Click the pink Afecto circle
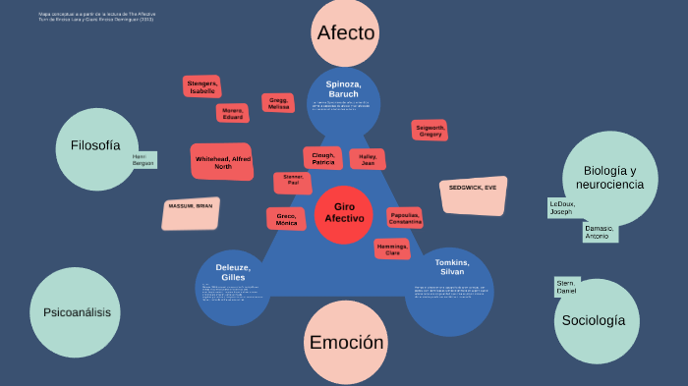[346, 32]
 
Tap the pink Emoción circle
[346, 343]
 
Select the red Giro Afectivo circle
[344, 213]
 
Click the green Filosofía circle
[95, 147]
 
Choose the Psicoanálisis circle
[77, 312]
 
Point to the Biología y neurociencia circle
[609, 177]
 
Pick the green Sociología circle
[594, 321]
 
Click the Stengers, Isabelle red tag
[202, 86]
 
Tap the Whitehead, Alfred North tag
[223, 162]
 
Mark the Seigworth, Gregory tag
[430, 131]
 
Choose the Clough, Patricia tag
[323, 158]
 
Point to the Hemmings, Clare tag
[392, 249]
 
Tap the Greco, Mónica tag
[286, 219]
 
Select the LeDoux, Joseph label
[561, 208]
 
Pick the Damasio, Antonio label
[599, 234]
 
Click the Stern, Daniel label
[567, 287]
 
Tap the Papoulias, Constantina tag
[405, 218]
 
